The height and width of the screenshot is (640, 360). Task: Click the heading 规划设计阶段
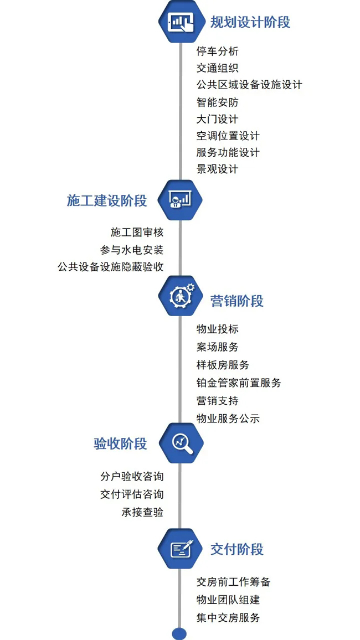250,22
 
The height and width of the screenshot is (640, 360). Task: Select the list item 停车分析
218,51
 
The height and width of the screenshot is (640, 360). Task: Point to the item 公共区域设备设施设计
249,85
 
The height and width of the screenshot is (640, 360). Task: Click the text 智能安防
218,102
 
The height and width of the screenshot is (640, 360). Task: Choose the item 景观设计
218,169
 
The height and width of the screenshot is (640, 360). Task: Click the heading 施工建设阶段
107,200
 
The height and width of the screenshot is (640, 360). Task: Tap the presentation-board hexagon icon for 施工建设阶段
181,200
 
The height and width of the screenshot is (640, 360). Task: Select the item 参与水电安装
132,250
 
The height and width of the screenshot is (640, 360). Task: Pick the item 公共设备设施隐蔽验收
111,267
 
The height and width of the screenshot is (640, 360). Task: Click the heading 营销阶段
237,301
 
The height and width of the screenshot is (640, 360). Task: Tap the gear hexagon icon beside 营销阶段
181,298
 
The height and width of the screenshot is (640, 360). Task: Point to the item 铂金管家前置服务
239,383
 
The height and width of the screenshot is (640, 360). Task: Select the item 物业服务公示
228,419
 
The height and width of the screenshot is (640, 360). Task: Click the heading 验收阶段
120,443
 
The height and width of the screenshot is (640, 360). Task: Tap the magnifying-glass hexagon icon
181,443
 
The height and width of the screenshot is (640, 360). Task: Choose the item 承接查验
142,512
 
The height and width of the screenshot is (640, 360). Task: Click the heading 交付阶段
237,549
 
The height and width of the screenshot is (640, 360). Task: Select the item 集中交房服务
228,617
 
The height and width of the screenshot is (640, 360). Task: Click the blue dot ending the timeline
179,633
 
